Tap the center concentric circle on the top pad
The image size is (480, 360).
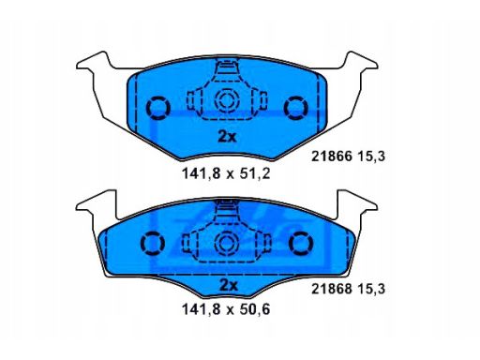227,102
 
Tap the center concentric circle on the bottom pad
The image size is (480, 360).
227,244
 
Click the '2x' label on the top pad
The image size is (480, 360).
226,136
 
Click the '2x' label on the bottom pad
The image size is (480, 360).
226,284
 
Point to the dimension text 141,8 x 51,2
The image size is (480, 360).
225,172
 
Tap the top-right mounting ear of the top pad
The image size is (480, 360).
362,65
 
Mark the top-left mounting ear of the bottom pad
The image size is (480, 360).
92,201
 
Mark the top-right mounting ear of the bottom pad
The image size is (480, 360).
362,201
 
